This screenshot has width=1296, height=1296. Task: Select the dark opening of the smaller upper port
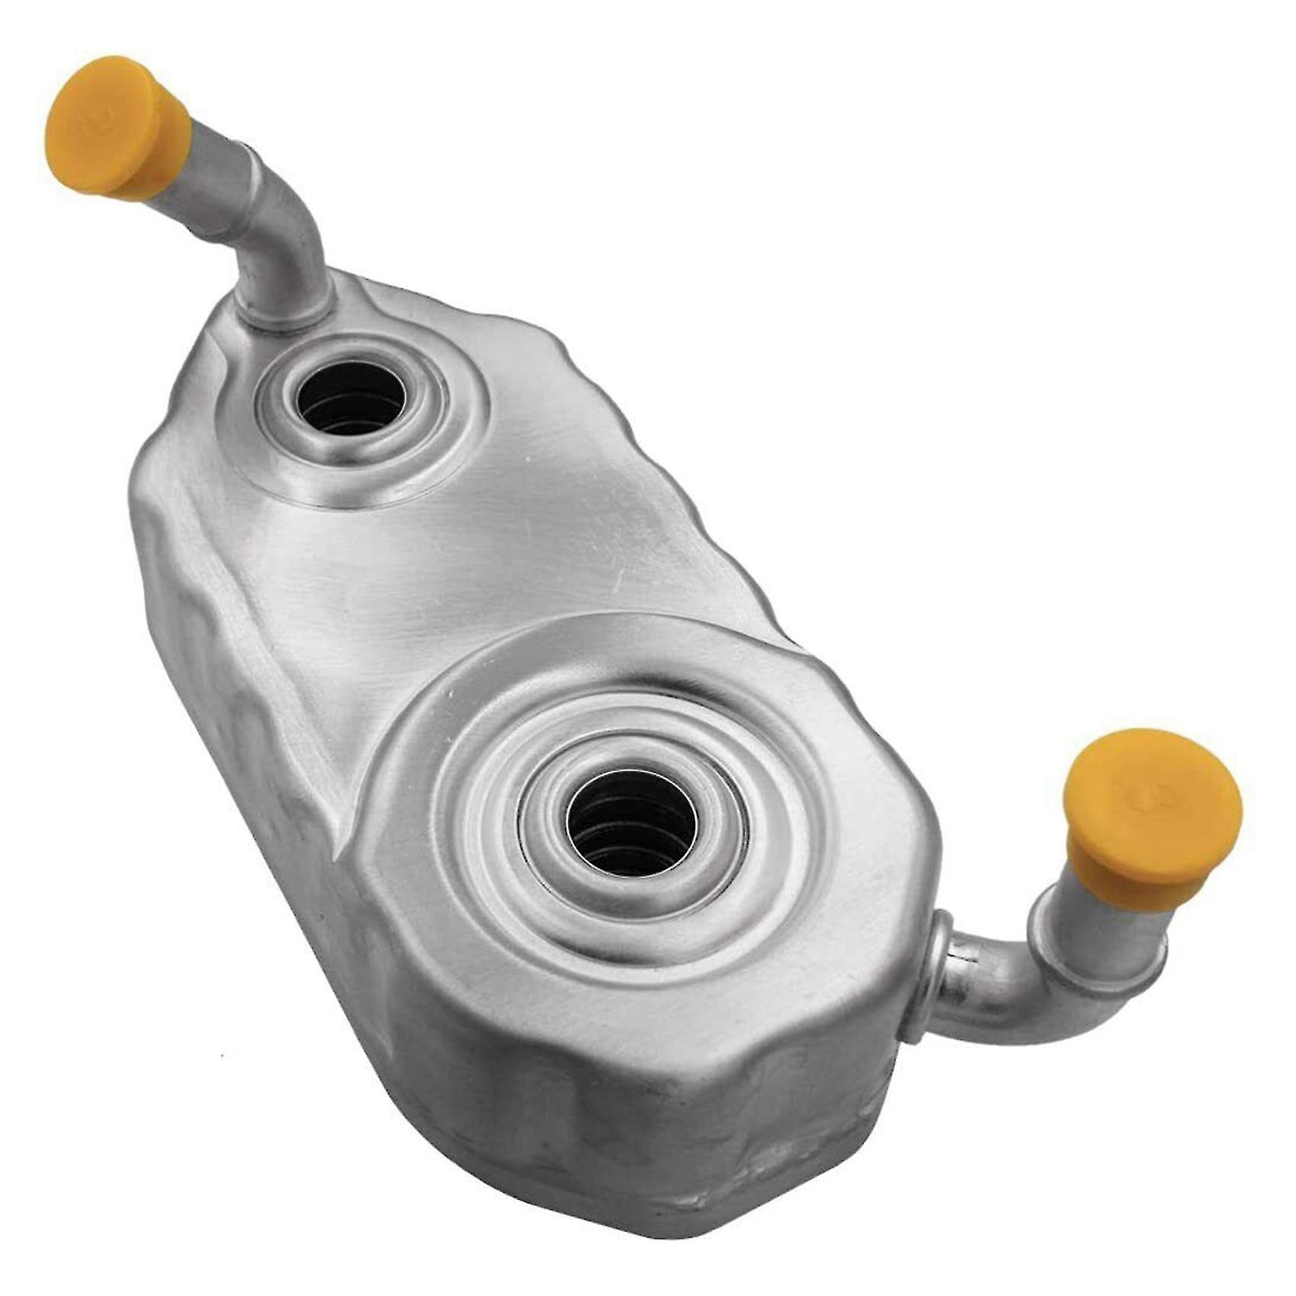coord(351,396)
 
